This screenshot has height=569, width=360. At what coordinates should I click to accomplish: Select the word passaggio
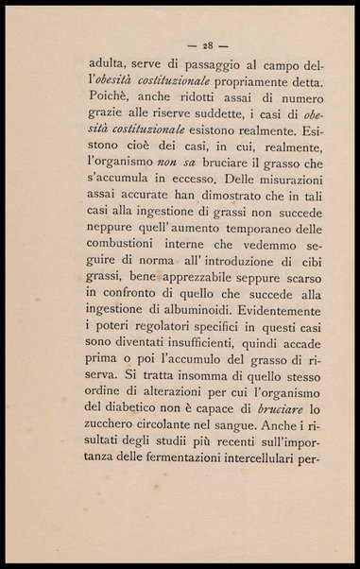pyautogui.click(x=208, y=68)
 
